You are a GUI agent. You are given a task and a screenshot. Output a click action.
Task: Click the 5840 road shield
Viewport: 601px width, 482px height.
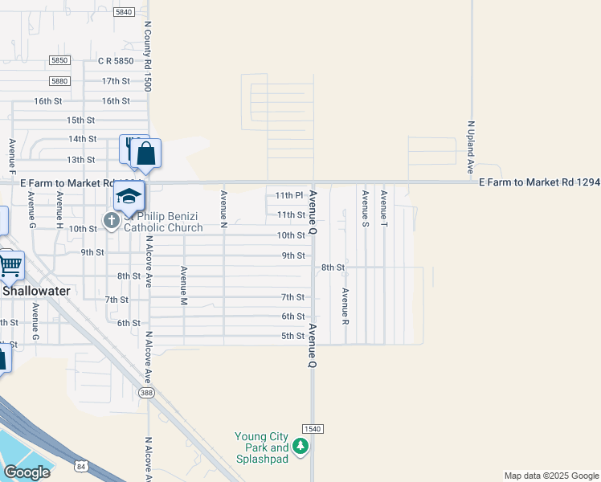tap(124, 12)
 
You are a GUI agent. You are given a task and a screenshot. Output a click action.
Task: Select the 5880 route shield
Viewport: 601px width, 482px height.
tap(59, 81)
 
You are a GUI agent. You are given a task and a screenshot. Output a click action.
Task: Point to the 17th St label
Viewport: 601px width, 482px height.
tap(116, 81)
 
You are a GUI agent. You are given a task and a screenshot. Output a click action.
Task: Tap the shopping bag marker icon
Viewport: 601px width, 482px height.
tap(146, 153)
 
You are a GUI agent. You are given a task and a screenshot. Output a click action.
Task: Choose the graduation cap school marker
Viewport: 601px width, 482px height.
tap(129, 195)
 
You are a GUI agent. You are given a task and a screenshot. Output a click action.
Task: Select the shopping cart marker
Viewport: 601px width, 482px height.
tap(10, 263)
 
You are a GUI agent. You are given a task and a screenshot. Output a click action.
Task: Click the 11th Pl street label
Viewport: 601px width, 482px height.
tap(288, 195)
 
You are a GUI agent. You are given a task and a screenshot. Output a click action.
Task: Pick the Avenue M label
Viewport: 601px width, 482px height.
tap(184, 285)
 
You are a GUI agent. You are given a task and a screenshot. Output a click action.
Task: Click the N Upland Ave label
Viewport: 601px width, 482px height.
tap(471, 148)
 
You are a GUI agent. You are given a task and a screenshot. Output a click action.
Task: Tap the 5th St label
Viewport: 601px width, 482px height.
tap(292, 336)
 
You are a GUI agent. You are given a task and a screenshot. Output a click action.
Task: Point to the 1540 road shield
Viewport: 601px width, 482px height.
tap(313, 429)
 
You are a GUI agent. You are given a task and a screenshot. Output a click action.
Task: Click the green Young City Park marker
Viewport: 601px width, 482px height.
tap(300, 447)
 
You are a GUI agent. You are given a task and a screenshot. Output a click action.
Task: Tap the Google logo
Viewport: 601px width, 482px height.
tap(26, 472)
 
